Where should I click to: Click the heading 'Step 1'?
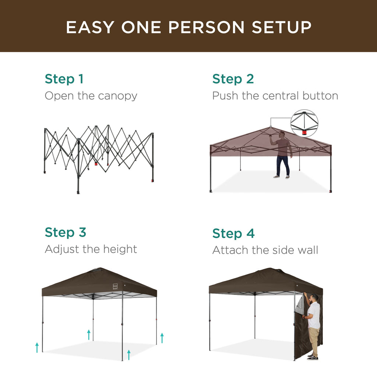(64, 79)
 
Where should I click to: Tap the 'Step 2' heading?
(233, 79)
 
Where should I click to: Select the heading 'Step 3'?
(65, 232)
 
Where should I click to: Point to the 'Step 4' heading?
(233, 233)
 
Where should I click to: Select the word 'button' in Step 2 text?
(320, 96)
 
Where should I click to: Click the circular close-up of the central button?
(304, 123)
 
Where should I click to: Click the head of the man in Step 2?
(282, 135)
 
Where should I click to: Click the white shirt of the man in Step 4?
(314, 315)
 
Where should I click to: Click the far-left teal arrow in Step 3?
(37, 347)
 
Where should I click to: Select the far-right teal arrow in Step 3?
(162, 338)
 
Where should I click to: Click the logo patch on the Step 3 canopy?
(115, 286)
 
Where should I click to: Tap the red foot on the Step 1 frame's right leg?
(152, 181)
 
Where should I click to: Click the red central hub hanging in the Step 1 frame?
(96, 163)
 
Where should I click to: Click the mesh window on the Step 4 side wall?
(300, 305)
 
